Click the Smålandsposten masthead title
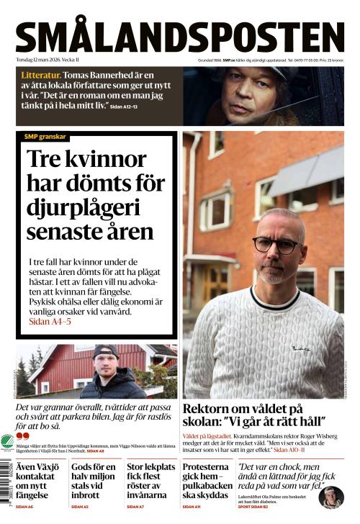[180, 36]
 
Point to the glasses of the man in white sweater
[276, 245]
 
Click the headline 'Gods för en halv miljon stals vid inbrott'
[93, 481]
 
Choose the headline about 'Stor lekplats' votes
[149, 481]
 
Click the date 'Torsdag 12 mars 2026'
[48, 60]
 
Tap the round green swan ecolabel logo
[7, 441]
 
